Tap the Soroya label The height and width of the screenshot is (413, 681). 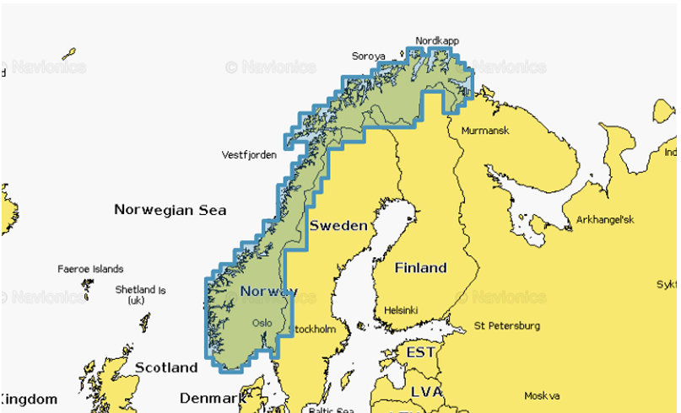tap(368, 56)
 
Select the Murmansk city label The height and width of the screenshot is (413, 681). tap(484, 131)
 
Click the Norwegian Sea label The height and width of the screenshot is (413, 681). tap(170, 210)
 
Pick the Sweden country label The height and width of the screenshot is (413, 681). tap(338, 225)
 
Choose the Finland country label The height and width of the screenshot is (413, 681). tap(421, 267)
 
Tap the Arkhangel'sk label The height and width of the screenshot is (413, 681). tap(605, 220)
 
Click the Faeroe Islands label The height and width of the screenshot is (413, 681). tap(90, 270)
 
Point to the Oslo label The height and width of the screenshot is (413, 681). tap(262, 323)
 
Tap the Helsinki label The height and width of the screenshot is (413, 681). tap(401, 309)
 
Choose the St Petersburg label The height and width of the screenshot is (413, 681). tap(507, 325)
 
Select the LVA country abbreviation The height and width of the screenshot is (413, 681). tap(425, 391)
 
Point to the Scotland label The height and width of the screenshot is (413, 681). tap(165, 367)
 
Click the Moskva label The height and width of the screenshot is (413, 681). tap(542, 394)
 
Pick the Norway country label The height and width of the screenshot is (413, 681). tap(268, 292)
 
